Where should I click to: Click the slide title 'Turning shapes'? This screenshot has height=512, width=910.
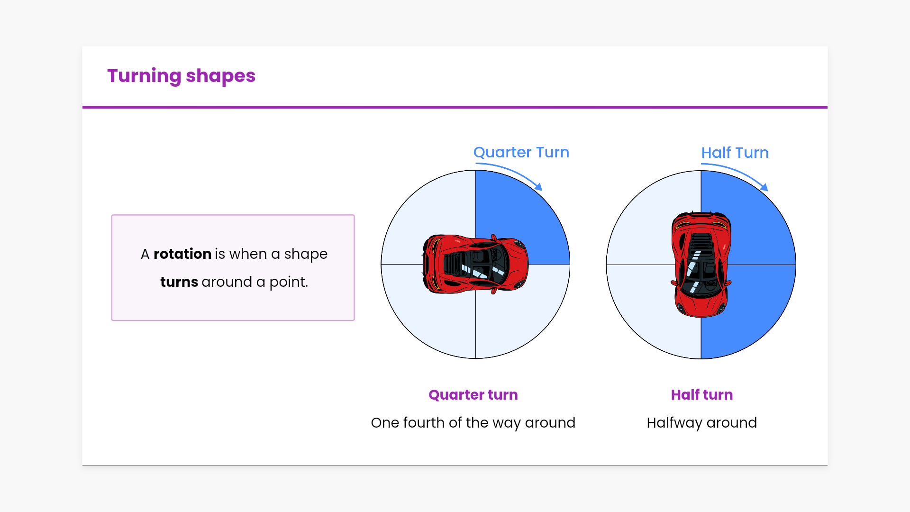coord(181,76)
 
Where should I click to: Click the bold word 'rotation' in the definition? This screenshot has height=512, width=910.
coord(182,254)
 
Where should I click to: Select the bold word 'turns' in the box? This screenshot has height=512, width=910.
coord(179,282)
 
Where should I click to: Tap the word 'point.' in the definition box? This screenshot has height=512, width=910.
coord(289,282)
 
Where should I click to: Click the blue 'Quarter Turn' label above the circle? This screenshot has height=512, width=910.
coord(521,152)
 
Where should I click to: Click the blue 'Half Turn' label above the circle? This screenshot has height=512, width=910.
coord(735,153)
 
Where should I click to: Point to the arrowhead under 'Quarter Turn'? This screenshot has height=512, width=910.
coord(538,187)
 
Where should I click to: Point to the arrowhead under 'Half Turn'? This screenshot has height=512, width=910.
coord(764,187)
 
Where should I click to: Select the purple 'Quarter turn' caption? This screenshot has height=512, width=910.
coord(473,395)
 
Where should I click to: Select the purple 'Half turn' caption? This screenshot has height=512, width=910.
coord(702,395)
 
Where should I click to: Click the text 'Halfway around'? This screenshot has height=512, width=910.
coord(702,423)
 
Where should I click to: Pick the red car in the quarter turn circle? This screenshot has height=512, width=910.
coord(475,264)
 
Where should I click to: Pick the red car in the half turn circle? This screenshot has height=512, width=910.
coord(701,264)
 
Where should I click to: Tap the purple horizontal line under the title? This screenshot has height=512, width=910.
coord(455,107)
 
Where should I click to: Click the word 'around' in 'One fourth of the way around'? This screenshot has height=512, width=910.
coord(550,423)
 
